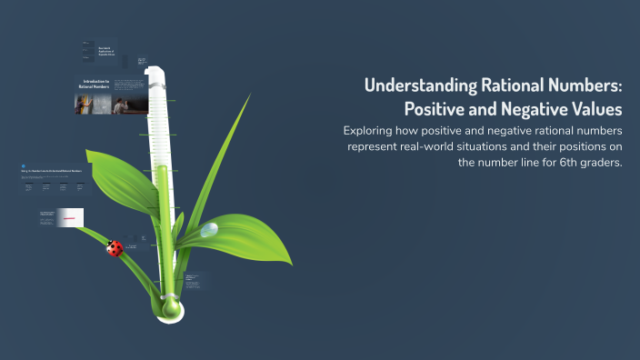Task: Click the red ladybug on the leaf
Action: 115,248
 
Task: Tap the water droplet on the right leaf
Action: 210,230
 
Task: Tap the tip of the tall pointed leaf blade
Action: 249,95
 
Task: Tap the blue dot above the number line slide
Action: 21,163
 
